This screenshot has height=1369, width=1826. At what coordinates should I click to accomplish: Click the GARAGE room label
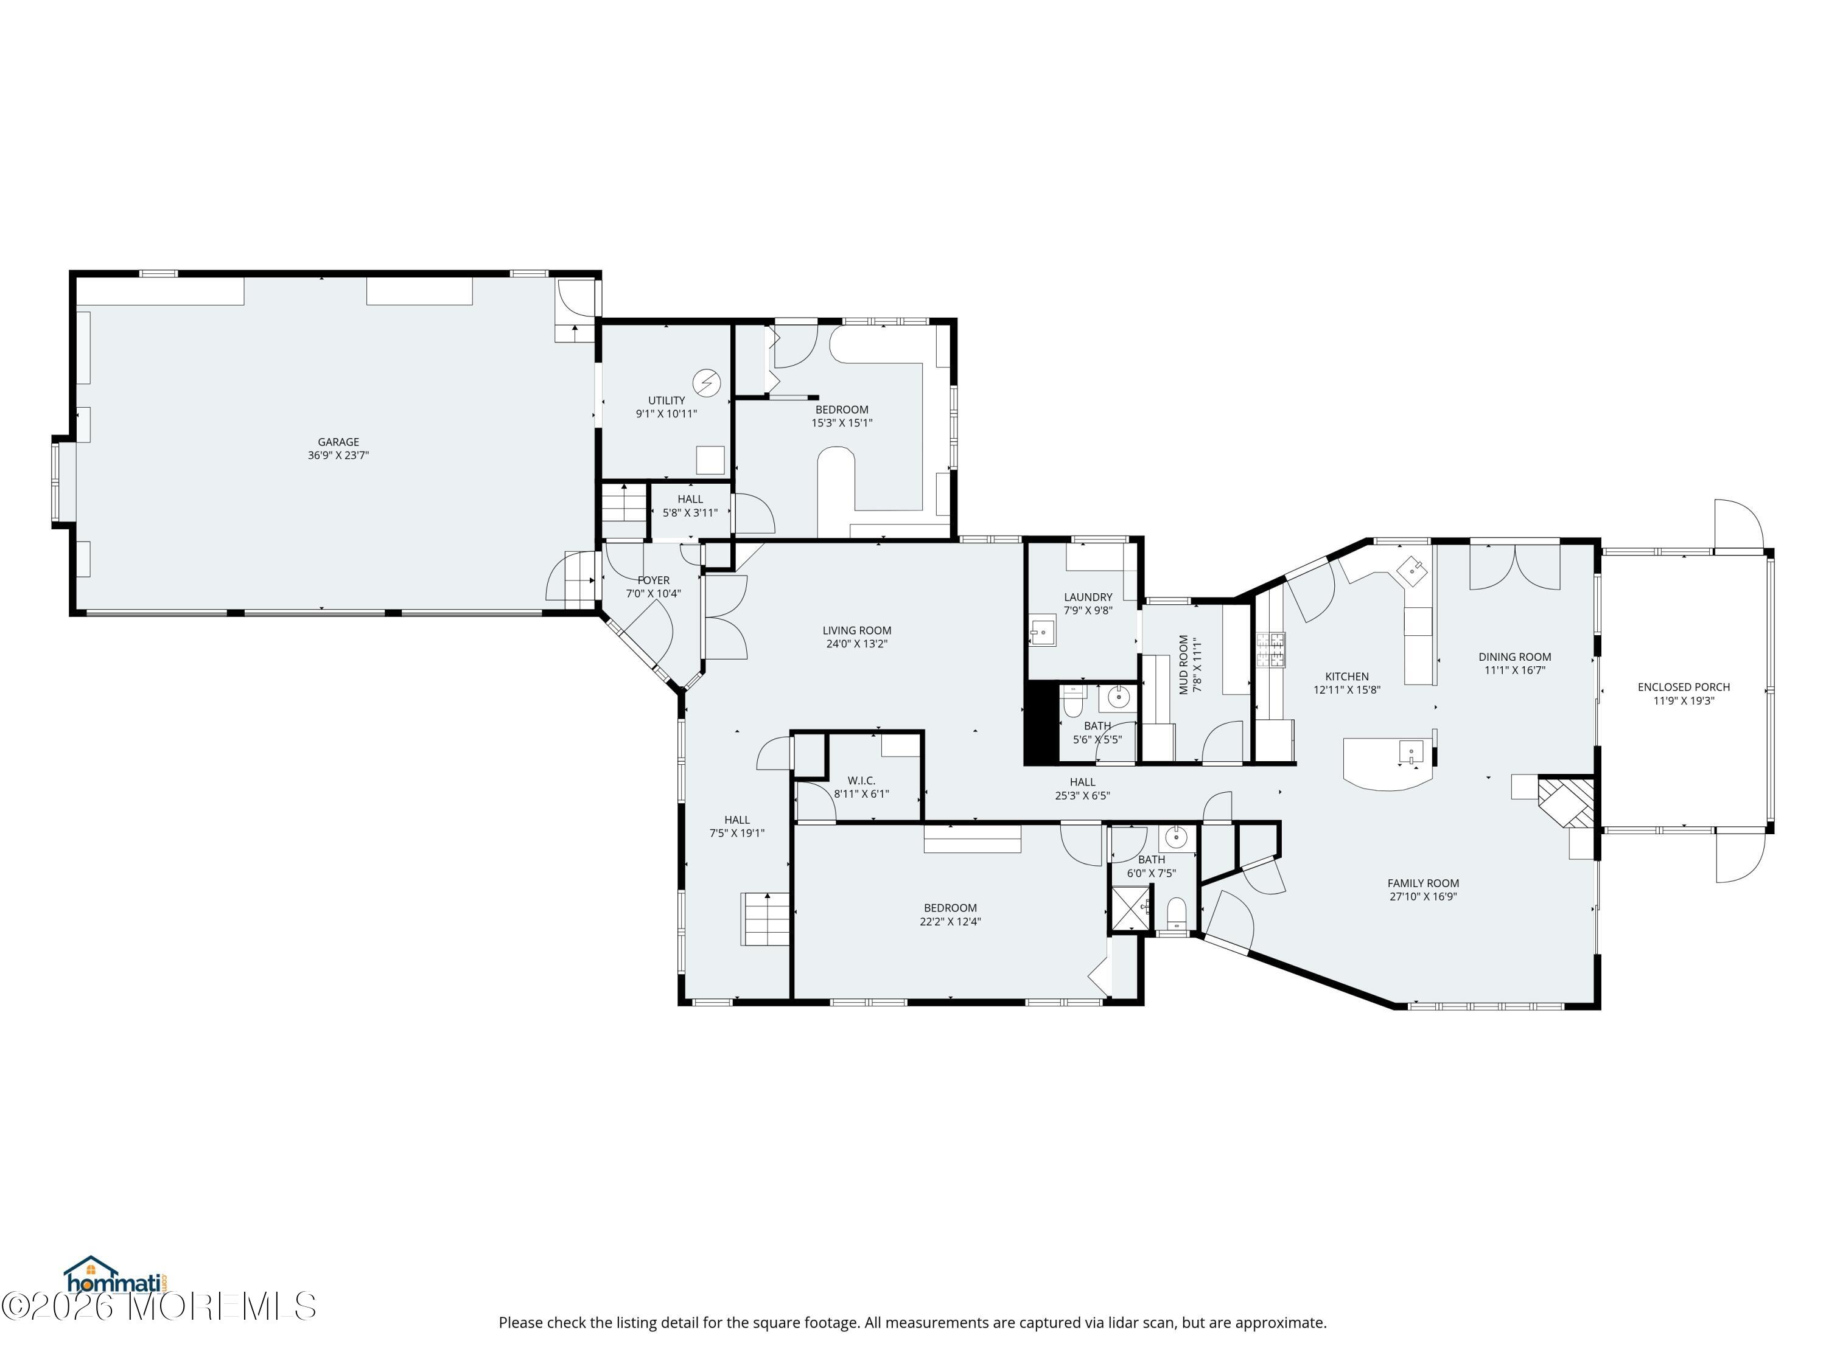[338, 442]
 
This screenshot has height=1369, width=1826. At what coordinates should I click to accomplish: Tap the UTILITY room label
[666, 401]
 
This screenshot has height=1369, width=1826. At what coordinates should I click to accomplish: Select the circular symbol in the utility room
[707, 383]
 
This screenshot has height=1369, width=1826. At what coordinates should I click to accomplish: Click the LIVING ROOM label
[857, 630]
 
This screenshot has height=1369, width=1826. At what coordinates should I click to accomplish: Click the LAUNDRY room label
[1088, 597]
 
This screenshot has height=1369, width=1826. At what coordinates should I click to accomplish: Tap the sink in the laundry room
[1043, 632]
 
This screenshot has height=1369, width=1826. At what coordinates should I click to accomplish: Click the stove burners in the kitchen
[1272, 649]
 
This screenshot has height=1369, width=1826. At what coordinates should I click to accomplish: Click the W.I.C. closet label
[861, 781]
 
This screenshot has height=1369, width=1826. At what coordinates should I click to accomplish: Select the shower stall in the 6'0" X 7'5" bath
[1131, 908]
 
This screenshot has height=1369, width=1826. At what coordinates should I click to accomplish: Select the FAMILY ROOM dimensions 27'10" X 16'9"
[1423, 897]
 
